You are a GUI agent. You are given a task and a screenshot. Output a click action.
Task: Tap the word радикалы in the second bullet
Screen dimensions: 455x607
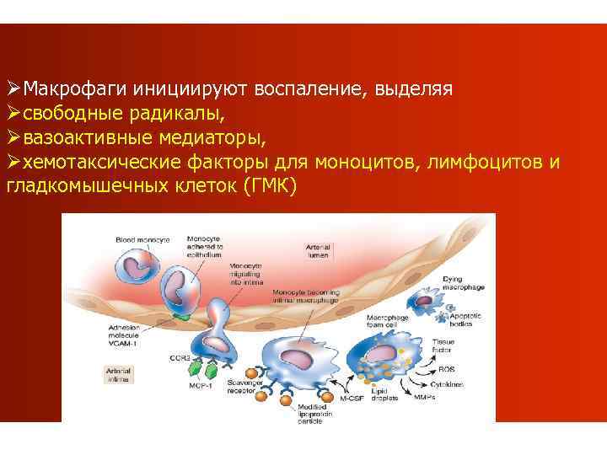click(x=191, y=112)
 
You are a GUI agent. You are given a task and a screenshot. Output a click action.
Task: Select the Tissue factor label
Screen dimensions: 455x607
click(x=443, y=345)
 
